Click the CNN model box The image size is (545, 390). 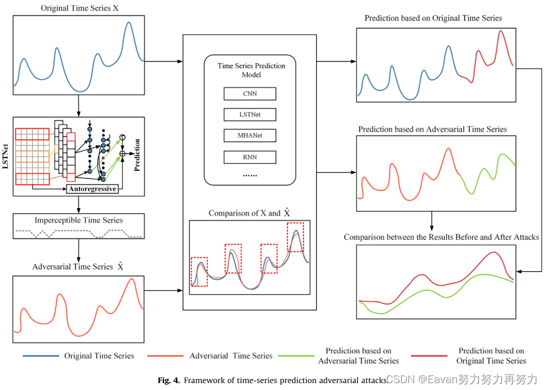click(250, 94)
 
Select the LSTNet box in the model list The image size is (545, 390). click(250, 115)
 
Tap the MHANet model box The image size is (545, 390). click(250, 136)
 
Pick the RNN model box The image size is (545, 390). click(250, 157)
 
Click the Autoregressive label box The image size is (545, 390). click(92, 189)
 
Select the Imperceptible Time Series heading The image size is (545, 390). click(79, 220)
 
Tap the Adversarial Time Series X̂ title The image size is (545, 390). click(78, 267)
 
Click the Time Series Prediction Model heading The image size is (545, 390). click(251, 70)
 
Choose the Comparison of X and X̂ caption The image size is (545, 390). click(250, 213)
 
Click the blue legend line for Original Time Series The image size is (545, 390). click(41, 356)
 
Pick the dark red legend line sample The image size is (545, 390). click(429, 356)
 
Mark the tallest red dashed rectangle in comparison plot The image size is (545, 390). click(295, 237)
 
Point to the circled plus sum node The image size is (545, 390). click(122, 153)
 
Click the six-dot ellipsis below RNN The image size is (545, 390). click(250, 174)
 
